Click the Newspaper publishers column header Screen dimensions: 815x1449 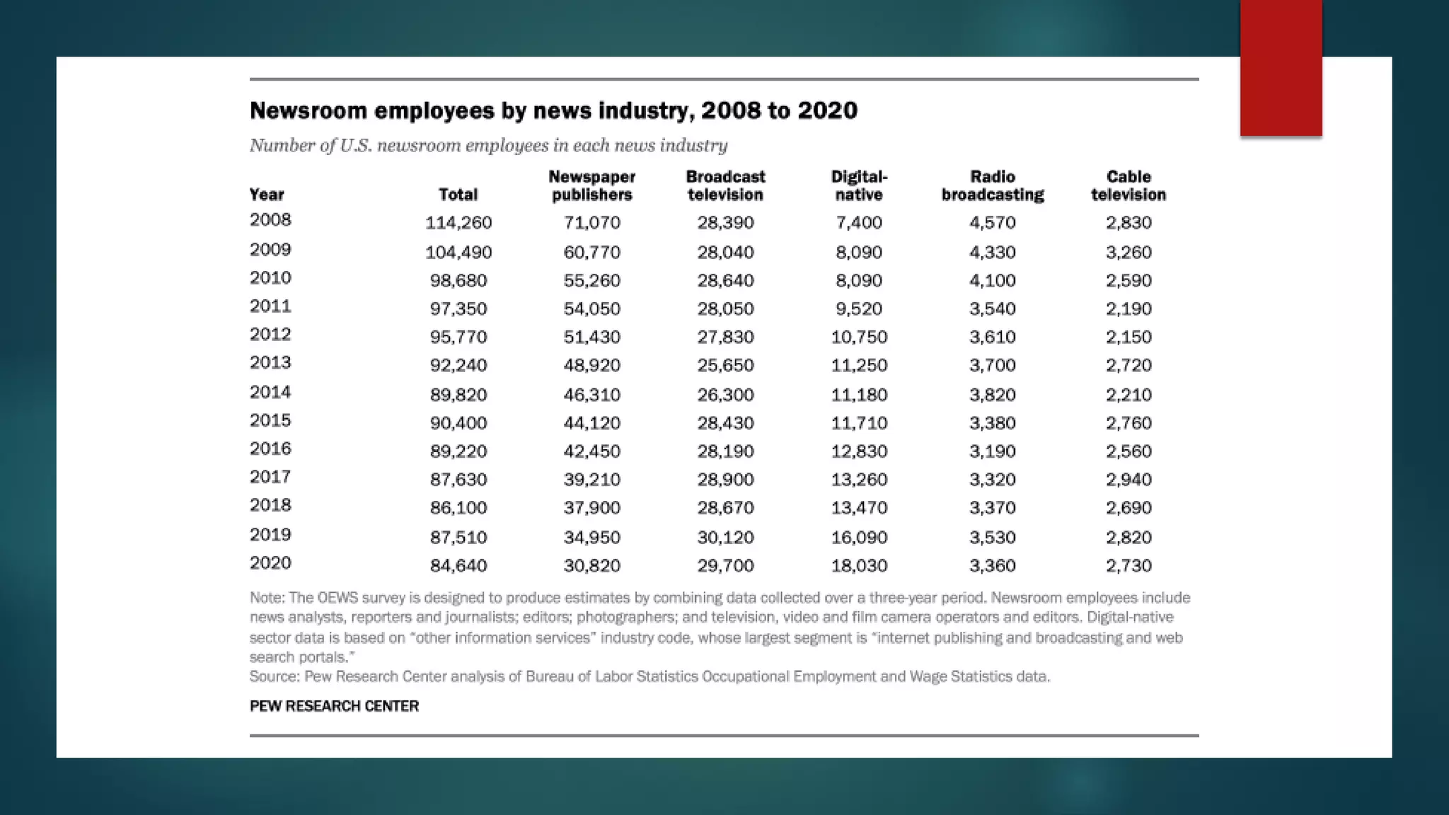591,185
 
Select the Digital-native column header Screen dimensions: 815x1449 859,185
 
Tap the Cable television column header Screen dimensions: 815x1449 1128,185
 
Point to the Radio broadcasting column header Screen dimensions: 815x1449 993,185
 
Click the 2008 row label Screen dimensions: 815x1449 270,220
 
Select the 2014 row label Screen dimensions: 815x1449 270,392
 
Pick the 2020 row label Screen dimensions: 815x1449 270,563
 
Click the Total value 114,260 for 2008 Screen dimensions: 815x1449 458,223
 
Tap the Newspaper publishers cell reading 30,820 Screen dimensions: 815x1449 591,565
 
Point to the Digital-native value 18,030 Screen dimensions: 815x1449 859,565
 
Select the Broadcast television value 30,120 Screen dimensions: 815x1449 725,537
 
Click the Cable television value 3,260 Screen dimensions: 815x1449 1128,253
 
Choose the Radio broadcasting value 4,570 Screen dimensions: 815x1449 993,223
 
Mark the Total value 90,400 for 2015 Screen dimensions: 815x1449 458,423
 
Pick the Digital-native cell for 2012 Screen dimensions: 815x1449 859,337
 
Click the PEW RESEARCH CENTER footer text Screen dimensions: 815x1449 334,706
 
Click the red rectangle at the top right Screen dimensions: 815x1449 1281,68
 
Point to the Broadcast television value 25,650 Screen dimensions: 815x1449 725,366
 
